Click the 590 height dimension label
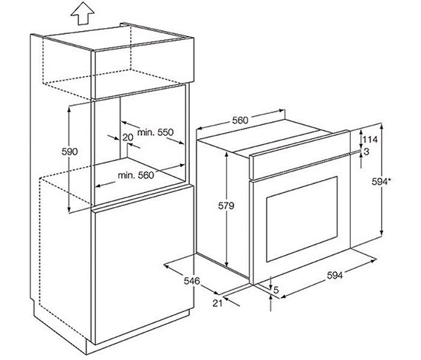click(x=69, y=152)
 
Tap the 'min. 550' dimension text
click(x=155, y=132)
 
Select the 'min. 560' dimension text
click(x=136, y=175)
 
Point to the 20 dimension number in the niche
click(x=128, y=137)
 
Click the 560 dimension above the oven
click(x=240, y=120)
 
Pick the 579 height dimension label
click(x=226, y=206)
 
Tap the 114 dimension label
click(x=370, y=140)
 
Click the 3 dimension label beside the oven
click(x=366, y=152)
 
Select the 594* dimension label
click(x=381, y=182)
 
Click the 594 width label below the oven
click(x=335, y=276)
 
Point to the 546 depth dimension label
click(x=192, y=281)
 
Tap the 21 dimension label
click(x=217, y=303)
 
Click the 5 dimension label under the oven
click(x=276, y=290)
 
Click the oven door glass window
click(x=302, y=220)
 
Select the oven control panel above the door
click(x=300, y=155)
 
